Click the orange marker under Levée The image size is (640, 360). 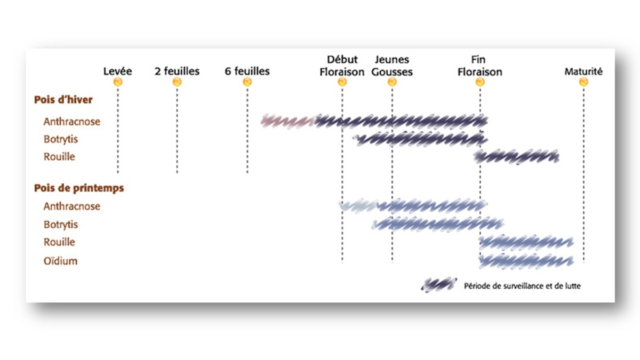118,82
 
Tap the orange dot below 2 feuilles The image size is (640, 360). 177,82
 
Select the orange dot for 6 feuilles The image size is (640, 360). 247,82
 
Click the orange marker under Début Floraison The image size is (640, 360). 342,82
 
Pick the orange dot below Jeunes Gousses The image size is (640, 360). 392,82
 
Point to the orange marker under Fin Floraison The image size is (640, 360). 480,82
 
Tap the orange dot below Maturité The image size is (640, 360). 583,82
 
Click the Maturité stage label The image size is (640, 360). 583,71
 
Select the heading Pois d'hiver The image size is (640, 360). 63,99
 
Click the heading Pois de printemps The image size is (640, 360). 79,188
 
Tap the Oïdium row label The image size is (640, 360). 60,261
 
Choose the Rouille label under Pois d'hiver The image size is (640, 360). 59,157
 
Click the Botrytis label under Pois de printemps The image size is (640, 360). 61,225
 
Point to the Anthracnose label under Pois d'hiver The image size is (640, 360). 71,122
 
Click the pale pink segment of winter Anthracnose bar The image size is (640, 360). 288,122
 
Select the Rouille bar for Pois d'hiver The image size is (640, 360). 516,157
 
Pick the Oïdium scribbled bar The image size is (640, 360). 526,261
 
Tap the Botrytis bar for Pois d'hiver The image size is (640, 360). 420,139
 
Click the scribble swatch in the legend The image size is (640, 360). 439,285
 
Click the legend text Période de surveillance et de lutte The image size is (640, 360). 522,286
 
